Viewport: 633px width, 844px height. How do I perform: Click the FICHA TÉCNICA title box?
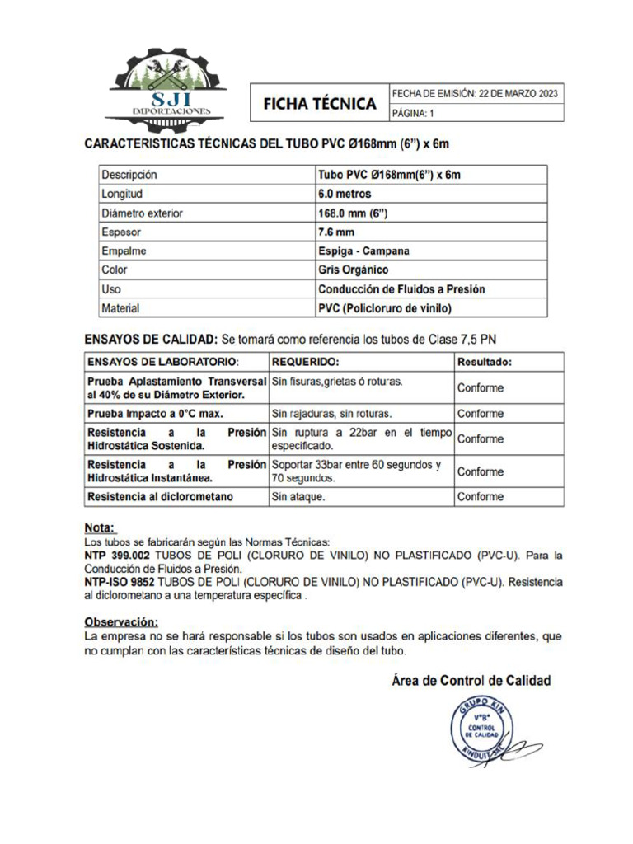(319, 104)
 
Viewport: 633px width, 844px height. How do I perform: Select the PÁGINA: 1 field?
(418, 113)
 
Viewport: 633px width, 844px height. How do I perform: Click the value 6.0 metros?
(345, 195)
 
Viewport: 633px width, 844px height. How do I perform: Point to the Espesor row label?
(120, 232)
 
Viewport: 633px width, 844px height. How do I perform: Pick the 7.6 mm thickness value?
(336, 232)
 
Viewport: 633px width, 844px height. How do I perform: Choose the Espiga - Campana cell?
(363, 251)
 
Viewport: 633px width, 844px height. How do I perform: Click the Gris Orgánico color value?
(353, 270)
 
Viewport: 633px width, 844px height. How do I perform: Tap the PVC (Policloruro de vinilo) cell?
(386, 308)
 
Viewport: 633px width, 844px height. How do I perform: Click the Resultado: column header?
(485, 362)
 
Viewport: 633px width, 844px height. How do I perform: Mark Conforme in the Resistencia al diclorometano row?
(481, 497)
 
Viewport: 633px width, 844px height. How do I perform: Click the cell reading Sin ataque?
(298, 497)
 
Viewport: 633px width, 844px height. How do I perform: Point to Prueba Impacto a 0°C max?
(155, 414)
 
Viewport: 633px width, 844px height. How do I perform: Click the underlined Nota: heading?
(101, 527)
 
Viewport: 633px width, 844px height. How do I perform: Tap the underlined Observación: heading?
(121, 621)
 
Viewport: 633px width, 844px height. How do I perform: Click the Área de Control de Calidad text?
(470, 681)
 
